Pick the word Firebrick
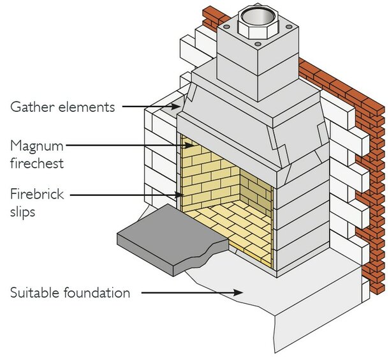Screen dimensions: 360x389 37,193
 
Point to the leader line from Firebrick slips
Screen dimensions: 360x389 128,193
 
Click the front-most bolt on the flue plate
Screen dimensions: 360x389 256,45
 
